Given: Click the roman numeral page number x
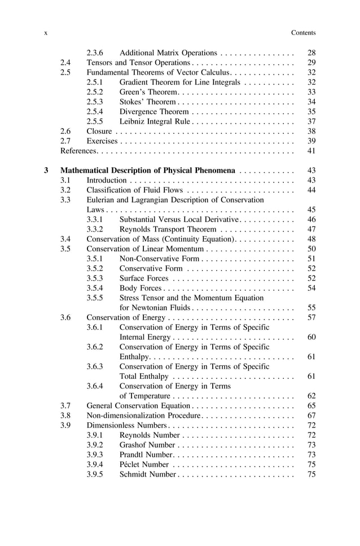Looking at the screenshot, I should point(45,33).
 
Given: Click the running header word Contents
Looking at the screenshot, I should point(303,33).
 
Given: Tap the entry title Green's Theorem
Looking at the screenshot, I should point(148,91).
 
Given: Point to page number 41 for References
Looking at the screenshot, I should point(311,151).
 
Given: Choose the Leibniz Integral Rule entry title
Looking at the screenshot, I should point(156,121).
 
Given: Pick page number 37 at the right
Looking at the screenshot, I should point(311,121).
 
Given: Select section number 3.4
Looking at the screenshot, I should point(65,239).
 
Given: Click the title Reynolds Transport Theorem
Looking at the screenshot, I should point(168,229).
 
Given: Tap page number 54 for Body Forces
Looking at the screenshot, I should point(311,288).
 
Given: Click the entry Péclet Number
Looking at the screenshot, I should point(144,464).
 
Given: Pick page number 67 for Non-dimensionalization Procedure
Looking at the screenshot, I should point(311,415).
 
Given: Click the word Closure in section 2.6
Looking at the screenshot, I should point(99,131).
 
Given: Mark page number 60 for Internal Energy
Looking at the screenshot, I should point(311,337).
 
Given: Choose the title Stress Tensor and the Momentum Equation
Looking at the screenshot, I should point(192,298).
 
